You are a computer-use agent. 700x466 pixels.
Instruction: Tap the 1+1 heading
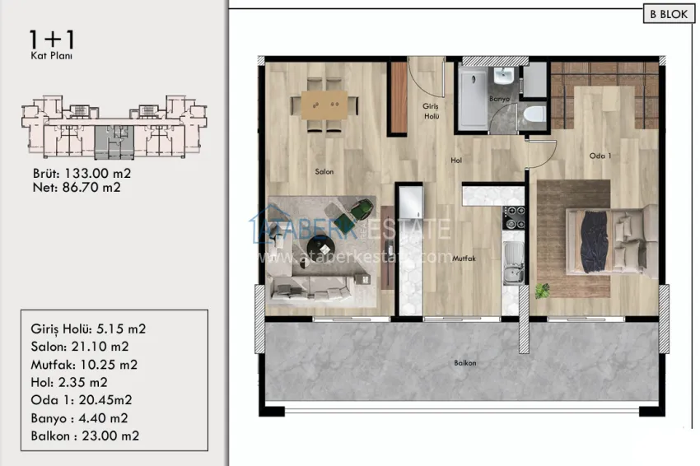[46, 38]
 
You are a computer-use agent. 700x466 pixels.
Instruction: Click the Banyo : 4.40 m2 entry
[81, 417]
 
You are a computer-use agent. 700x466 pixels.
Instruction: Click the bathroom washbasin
[504, 77]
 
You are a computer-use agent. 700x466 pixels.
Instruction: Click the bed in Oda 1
[605, 240]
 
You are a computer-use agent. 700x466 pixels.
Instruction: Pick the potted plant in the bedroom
[542, 290]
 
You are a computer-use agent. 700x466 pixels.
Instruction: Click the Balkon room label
[464, 362]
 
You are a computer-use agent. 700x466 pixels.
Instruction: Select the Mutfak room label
[464, 258]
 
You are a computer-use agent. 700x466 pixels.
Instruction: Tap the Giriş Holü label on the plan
[431, 111]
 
